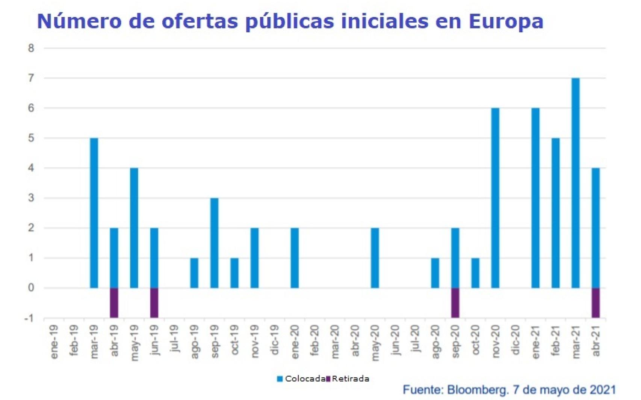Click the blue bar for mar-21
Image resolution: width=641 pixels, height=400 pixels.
click(x=575, y=183)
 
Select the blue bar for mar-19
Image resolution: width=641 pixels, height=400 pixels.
click(x=94, y=213)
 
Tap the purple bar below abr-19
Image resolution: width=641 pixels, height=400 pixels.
click(x=114, y=303)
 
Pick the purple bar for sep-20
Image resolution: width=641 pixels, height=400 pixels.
click(x=455, y=303)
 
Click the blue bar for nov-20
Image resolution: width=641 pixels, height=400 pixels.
click(x=495, y=198)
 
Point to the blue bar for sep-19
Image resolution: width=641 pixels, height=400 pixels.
click(x=214, y=243)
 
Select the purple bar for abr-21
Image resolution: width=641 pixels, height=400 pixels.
click(x=596, y=303)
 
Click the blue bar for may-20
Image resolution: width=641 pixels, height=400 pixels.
click(x=375, y=258)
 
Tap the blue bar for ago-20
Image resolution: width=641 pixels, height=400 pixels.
click(x=435, y=273)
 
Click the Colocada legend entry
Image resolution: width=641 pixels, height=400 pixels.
click(x=301, y=379)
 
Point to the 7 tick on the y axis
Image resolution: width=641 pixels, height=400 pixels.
click(x=31, y=78)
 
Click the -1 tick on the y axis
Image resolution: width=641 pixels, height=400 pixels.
click(x=29, y=318)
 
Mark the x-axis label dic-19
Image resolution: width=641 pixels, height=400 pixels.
click(x=275, y=340)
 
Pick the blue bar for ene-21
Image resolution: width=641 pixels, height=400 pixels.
click(x=535, y=198)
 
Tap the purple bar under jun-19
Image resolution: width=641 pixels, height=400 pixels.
click(x=154, y=303)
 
